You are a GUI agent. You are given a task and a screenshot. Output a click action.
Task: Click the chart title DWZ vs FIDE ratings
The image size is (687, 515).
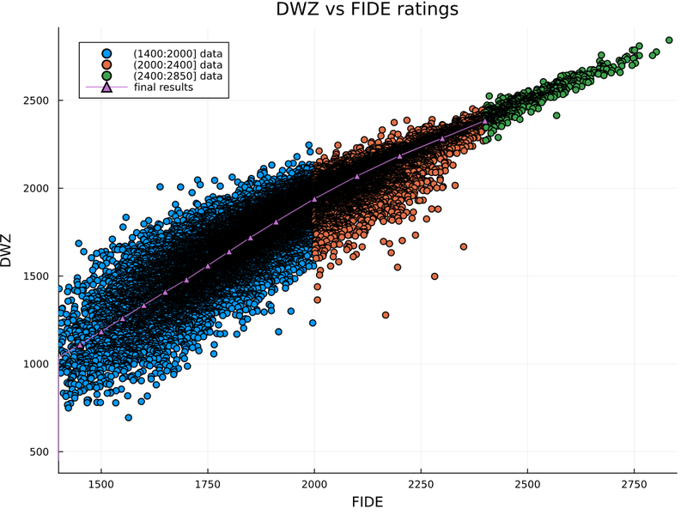(368, 10)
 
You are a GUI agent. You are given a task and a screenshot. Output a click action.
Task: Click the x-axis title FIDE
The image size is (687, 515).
(368, 500)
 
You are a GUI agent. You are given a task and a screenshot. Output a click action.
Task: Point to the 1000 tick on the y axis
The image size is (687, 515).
(39, 364)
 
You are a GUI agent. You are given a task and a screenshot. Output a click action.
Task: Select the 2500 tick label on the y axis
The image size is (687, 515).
(39, 100)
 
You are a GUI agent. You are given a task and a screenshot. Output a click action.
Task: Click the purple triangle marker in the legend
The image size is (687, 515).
(107, 88)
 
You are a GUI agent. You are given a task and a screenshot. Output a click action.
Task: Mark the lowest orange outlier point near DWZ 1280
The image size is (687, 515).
(386, 315)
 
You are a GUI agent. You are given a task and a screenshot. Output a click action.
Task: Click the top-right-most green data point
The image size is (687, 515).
(669, 39)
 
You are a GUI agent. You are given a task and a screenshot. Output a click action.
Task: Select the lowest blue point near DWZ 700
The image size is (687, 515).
(128, 417)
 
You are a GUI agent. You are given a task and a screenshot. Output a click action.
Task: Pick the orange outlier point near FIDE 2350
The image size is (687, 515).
(464, 246)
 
